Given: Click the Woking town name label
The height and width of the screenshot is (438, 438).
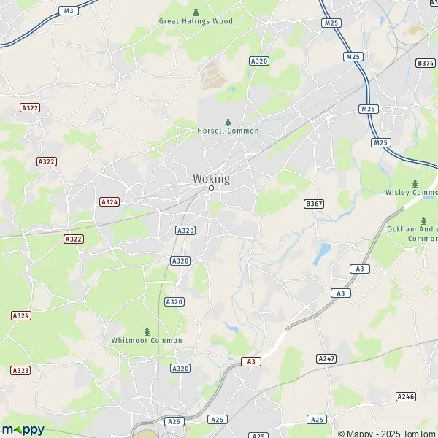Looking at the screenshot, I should pos(211,179).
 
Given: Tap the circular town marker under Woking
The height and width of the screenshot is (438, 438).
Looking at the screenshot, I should pos(211,188).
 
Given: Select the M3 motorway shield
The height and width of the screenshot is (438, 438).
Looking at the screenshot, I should pos(69,10).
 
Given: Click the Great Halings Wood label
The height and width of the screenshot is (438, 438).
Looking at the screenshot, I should pos(196,21).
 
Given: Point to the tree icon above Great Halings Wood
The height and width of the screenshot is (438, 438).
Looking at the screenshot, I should pos(196,12).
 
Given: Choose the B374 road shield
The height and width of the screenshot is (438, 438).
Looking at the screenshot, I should pos(426,64).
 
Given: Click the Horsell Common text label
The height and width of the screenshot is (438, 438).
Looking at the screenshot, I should pos(228,131).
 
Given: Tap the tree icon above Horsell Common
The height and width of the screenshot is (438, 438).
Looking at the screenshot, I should pos(228,122).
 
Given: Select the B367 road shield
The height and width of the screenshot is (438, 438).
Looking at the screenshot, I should pos(314,204).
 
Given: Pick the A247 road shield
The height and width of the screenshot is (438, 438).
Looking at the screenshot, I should pos(326,358).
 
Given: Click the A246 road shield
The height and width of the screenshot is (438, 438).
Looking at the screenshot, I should pos(405,396).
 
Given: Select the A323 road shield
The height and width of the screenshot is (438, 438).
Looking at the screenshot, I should pos(22,371).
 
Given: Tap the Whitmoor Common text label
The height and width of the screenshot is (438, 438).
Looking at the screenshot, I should pos(147,340).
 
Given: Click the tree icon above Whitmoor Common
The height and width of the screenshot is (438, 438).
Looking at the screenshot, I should pos(147,331).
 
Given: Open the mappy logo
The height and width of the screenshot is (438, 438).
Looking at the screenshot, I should pos(23,429).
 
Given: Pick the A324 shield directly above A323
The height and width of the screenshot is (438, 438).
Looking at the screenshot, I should pos(21,315).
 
